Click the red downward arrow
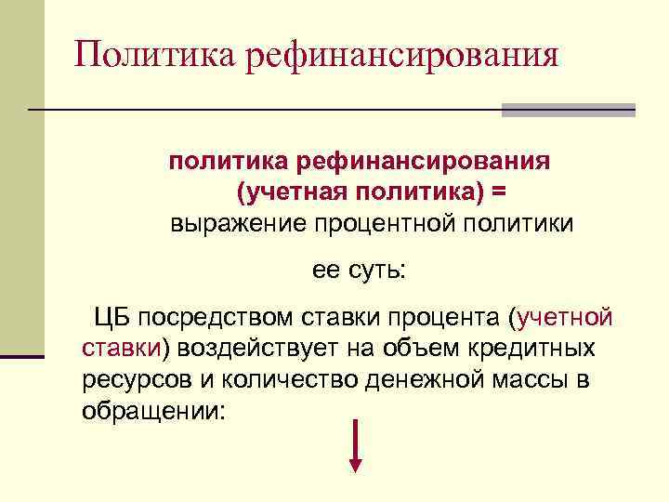tap(356, 447)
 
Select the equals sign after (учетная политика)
tap(500, 192)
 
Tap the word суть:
tap(377, 271)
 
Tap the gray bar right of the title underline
tap(568, 110)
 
